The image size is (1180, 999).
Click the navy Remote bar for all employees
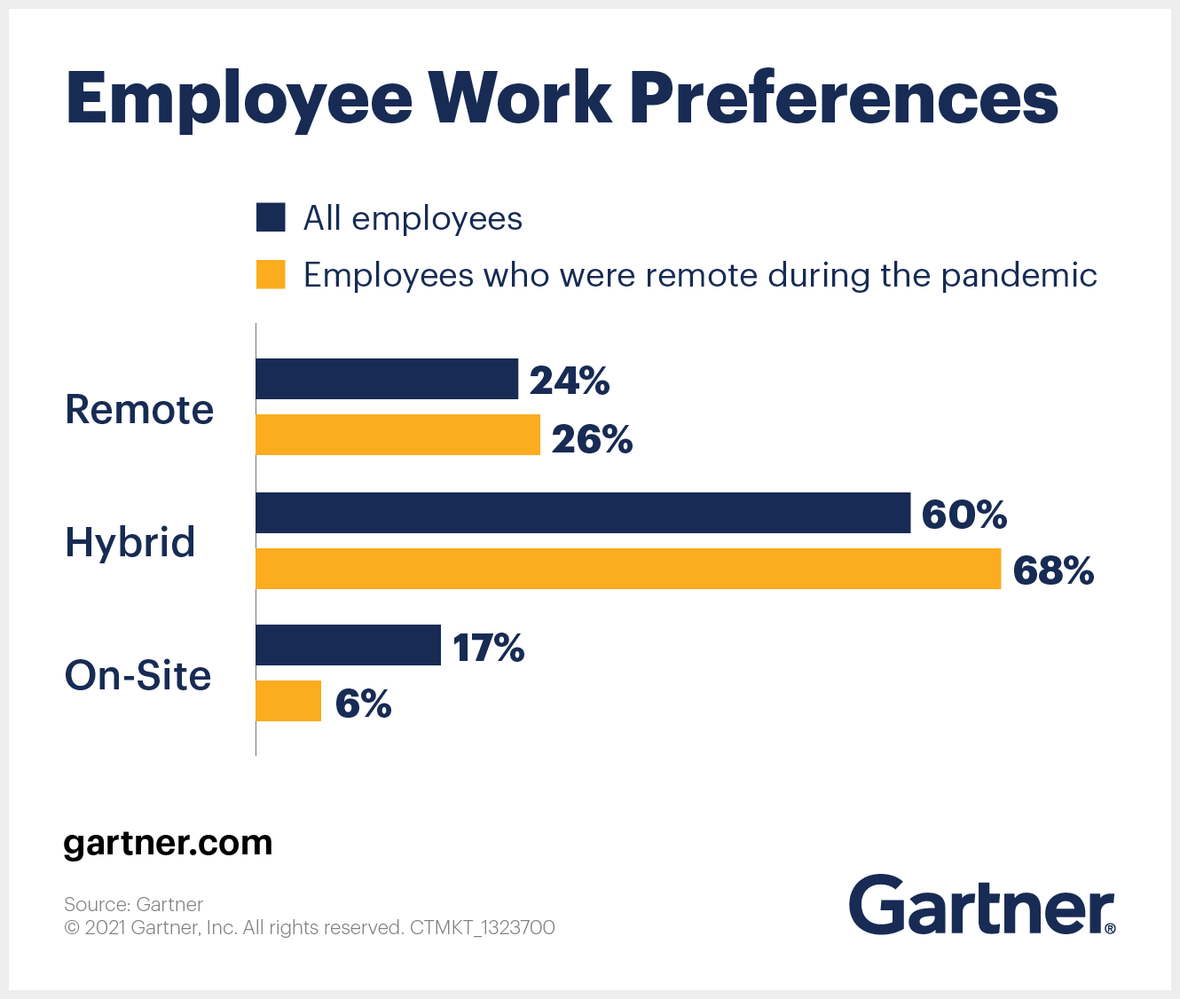point(387,379)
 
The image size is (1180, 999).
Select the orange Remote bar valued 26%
point(397,435)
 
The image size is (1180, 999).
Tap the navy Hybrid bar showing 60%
point(583,513)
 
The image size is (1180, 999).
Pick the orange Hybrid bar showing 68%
point(628,569)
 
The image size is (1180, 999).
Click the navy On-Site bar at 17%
point(348,645)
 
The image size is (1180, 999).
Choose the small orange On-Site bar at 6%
point(288,701)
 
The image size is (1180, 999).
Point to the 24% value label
point(570,381)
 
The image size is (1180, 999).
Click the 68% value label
point(1053,570)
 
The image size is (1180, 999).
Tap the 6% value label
point(363,704)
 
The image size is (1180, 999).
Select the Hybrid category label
point(130,542)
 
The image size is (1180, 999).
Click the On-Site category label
point(138,675)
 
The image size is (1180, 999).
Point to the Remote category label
point(139,410)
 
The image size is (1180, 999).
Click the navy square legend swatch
point(271,217)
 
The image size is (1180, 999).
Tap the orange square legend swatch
point(271,274)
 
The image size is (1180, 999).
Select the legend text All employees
point(413,218)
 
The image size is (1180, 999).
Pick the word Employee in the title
point(240,99)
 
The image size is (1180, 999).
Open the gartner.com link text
point(168,842)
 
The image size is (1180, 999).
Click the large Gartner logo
point(981,905)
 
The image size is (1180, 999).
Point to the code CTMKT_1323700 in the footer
point(482,928)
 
